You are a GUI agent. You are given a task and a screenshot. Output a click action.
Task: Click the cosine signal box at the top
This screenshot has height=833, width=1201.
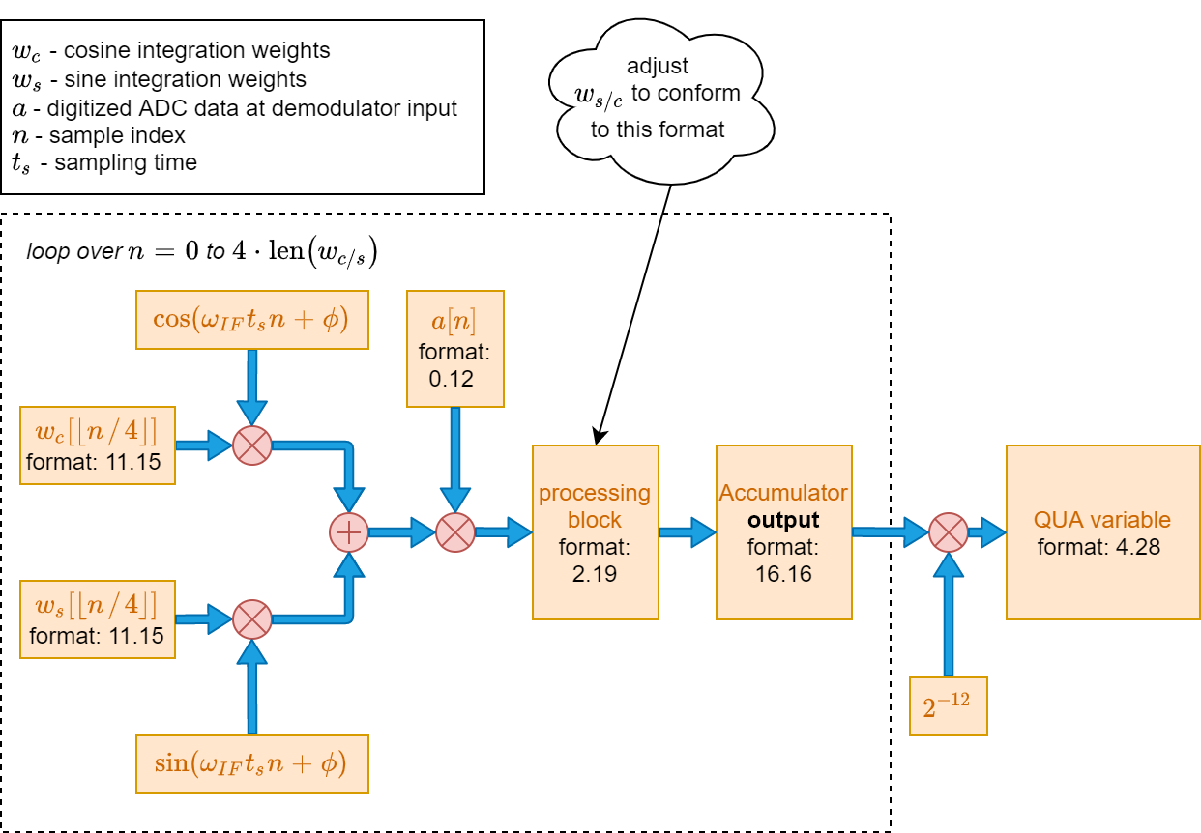[x=252, y=320]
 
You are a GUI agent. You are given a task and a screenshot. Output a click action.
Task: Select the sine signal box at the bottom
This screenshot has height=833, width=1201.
[x=252, y=764]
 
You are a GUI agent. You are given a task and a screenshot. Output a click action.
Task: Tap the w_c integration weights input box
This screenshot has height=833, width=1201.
[x=98, y=445]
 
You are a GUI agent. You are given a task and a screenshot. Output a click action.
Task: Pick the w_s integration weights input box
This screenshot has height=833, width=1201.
[x=98, y=619]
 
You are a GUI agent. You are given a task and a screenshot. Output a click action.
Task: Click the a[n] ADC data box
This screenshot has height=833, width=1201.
[x=455, y=349]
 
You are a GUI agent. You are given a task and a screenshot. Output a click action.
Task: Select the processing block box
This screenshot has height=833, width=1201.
[x=595, y=532]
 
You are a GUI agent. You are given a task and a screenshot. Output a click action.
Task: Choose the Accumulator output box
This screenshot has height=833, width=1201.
[x=783, y=532]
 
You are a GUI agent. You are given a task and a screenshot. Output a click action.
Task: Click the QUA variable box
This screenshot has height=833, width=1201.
[x=1102, y=532]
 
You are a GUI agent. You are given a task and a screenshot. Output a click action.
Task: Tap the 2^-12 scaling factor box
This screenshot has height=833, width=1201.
[x=949, y=706]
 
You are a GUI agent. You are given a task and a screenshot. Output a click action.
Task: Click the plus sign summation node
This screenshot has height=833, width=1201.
[x=349, y=532]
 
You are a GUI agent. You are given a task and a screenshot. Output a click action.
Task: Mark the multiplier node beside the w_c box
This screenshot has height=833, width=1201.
[x=252, y=445]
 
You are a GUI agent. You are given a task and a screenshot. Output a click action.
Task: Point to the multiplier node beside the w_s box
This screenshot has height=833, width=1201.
[x=252, y=619]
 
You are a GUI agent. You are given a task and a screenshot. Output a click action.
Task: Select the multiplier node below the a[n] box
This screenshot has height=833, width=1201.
[x=455, y=532]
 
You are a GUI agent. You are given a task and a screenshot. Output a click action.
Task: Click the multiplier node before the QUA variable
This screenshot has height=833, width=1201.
[x=949, y=532]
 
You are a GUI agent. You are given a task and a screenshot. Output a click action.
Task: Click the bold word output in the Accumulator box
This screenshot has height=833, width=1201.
[x=783, y=521]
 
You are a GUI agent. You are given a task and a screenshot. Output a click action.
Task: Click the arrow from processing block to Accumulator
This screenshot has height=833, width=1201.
[x=687, y=532]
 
